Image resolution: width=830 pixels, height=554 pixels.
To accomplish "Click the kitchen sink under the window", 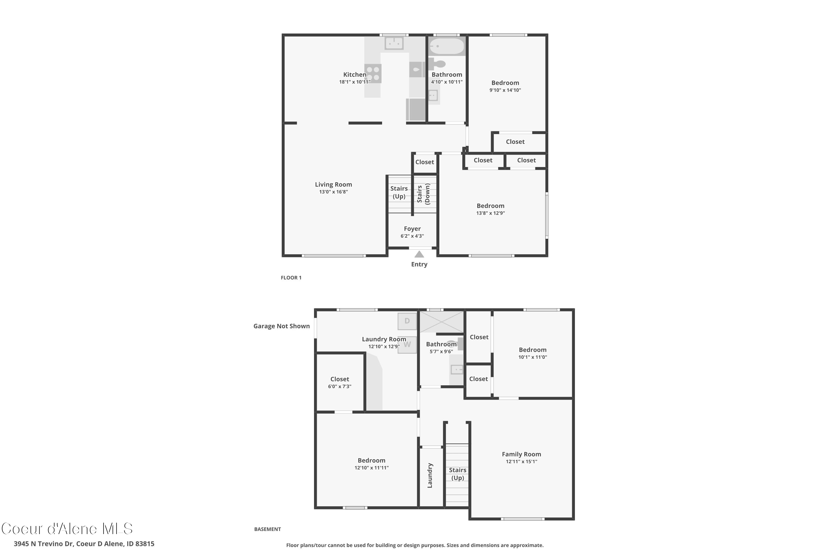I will [x=394, y=43].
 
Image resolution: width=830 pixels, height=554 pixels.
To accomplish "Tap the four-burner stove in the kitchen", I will [x=373, y=73].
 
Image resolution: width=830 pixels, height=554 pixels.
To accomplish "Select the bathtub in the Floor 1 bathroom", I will [x=447, y=46].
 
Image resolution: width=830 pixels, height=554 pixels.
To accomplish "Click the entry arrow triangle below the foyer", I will [x=419, y=254].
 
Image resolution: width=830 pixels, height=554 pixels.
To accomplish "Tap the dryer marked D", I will [x=407, y=321].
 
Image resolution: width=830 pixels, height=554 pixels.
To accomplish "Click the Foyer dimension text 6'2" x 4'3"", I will [x=412, y=236].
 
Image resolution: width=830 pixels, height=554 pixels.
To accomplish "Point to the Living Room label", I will [x=333, y=184].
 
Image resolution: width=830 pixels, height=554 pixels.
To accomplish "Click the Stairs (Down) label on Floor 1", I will [x=424, y=194].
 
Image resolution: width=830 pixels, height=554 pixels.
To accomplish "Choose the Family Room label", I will [x=521, y=454].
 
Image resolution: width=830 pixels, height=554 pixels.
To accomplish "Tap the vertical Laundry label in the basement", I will [x=430, y=476].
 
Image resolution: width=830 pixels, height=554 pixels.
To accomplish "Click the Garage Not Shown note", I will [x=281, y=326].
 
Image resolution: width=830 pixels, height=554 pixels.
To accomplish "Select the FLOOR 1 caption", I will [x=291, y=278].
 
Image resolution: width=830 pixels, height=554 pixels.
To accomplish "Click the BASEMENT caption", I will [x=268, y=529].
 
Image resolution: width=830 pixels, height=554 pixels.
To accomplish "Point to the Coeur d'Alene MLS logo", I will [x=67, y=529].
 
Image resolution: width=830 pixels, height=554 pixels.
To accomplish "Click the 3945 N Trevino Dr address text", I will [x=84, y=544].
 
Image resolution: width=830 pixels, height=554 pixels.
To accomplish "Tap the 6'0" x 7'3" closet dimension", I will [x=339, y=386].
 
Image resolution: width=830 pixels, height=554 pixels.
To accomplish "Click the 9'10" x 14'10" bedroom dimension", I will [x=505, y=90].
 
